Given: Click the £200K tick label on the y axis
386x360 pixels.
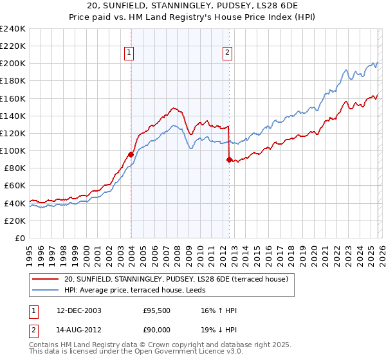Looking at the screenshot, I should [13, 64].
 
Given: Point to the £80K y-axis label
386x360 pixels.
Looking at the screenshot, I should [15, 168].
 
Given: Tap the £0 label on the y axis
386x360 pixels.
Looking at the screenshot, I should [19, 238].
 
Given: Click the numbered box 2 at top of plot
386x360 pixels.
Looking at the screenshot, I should [228, 53].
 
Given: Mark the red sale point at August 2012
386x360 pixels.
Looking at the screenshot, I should [229, 160].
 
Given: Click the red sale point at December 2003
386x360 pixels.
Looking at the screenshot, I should [131, 154].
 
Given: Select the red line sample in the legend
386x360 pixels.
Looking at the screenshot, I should [46, 279].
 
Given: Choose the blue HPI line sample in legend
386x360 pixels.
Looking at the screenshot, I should [46, 290].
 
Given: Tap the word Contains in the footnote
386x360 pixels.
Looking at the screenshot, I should [45, 346].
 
